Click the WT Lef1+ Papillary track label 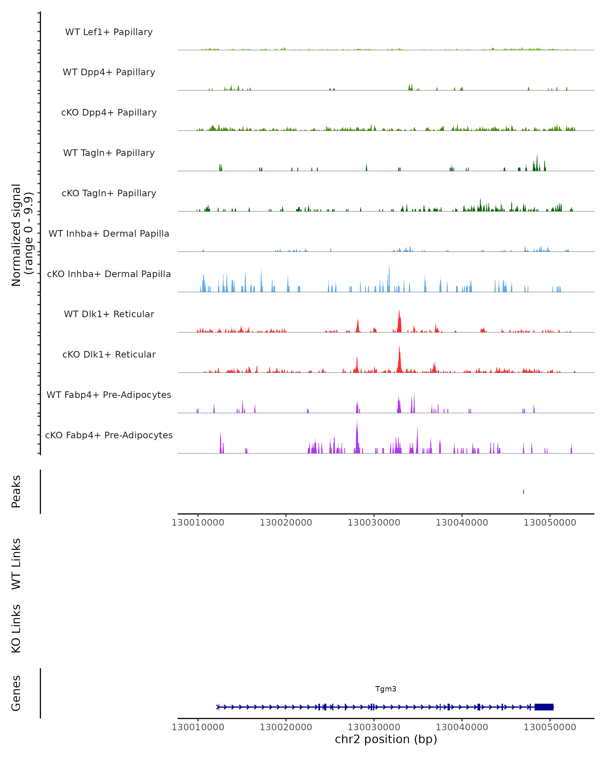point(109,32)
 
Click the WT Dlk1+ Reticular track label point(109,314)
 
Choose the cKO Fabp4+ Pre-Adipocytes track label point(109,435)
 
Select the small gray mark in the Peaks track point(523,492)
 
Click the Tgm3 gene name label point(386,689)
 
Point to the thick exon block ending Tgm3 point(544,707)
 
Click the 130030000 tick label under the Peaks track point(374,523)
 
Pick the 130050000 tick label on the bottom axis point(550,727)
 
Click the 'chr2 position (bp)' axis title point(386,739)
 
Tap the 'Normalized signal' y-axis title point(16,235)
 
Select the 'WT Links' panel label point(16,563)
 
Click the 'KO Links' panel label point(16,629)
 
